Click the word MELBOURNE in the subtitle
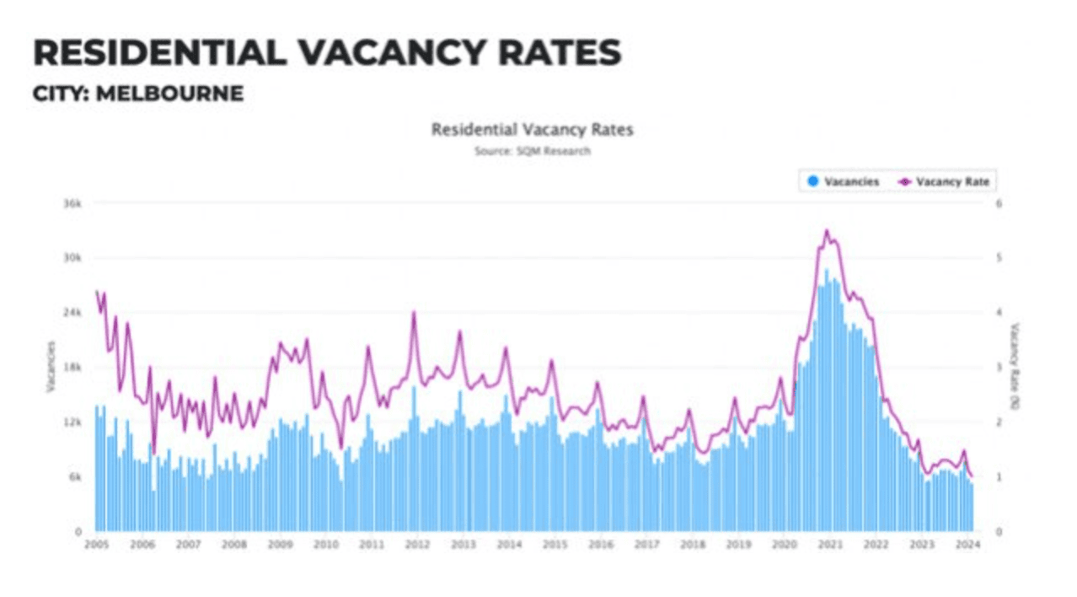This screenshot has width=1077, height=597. [x=169, y=93]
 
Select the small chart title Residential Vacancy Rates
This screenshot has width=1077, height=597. [x=532, y=130]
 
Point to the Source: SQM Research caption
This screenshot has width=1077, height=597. [x=532, y=151]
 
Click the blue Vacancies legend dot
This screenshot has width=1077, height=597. [x=813, y=181]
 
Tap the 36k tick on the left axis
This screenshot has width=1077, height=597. [x=72, y=203]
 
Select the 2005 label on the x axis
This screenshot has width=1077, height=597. [x=96, y=545]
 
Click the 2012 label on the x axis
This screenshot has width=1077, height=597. [x=416, y=545]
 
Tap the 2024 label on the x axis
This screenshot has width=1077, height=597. [x=967, y=545]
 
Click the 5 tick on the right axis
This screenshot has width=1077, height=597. [x=999, y=258]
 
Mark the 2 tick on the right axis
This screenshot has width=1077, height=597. [x=999, y=422]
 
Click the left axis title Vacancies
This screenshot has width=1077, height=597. [x=50, y=367]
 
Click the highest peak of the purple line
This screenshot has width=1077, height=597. [x=827, y=230]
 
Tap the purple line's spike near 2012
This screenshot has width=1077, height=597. [x=414, y=313]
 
